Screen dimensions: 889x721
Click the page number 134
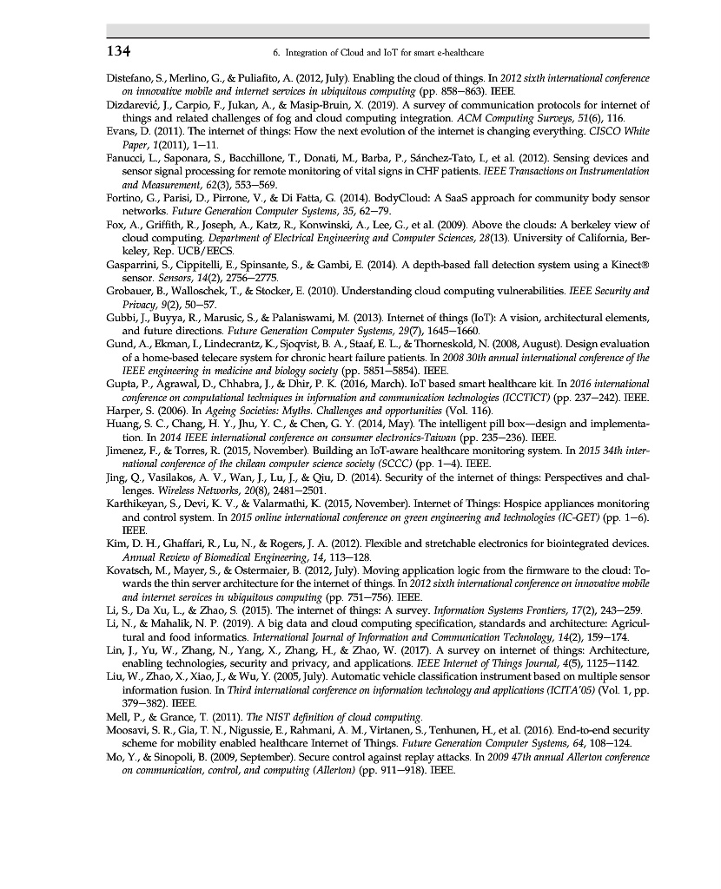click(119, 51)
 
